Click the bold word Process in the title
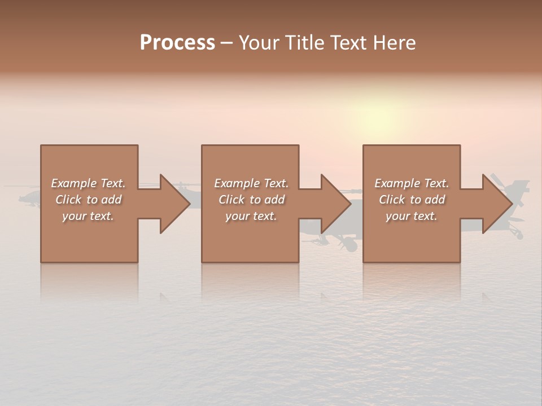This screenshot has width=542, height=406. coord(177,43)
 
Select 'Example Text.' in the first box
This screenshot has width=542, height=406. coord(88,183)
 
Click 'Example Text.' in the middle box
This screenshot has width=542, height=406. coord(251,183)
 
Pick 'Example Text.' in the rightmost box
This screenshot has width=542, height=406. coord(412,183)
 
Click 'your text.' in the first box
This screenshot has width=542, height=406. coord(88,216)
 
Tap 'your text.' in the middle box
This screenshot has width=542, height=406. coord(251,216)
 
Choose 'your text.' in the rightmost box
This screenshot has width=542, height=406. coord(412,216)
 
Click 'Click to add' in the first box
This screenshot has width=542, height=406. coord(88,200)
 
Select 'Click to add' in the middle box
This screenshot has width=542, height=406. coord(251,200)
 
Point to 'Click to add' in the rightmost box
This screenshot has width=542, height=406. coord(412,200)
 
